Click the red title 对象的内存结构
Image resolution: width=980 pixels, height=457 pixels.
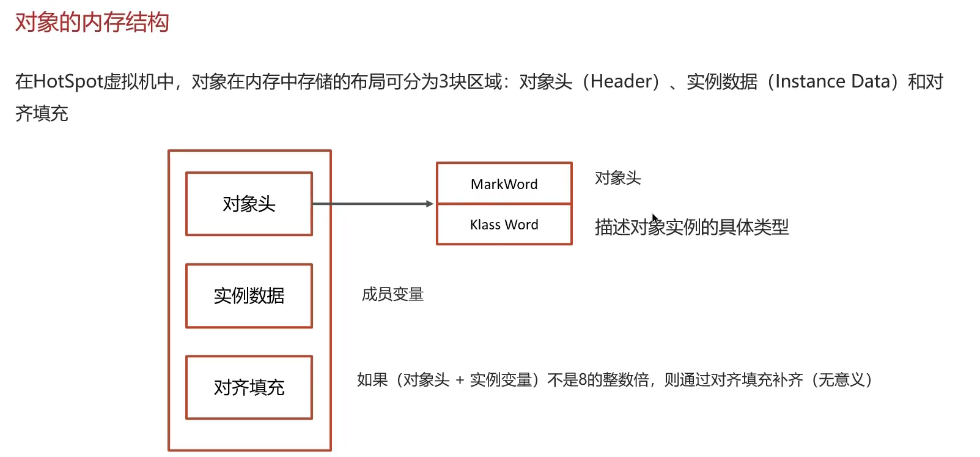(92, 23)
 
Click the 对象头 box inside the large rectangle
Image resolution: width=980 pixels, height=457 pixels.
(249, 204)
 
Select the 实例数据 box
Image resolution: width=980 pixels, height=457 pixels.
(249, 295)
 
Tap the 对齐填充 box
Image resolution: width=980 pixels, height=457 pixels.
(249, 387)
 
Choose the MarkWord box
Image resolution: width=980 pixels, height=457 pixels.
(504, 184)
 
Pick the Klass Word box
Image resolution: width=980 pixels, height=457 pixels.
(504, 225)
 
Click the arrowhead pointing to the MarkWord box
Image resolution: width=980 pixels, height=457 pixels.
(430, 204)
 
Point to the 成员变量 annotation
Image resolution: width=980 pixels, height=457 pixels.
(392, 294)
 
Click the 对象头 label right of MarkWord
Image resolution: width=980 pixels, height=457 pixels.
(617, 178)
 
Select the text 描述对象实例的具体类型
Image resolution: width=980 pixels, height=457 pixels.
(691, 227)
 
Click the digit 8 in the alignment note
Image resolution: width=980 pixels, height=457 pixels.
(583, 380)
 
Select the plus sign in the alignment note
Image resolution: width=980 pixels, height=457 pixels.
(460, 381)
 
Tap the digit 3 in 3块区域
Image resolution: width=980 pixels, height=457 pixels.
(444, 81)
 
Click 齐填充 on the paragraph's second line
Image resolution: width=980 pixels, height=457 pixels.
(42, 113)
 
